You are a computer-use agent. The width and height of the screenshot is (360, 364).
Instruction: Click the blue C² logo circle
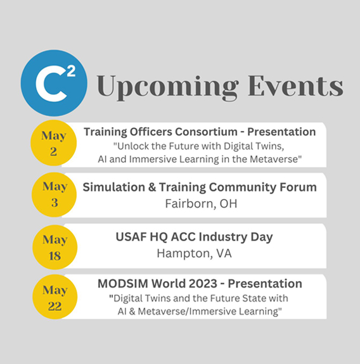[54, 83]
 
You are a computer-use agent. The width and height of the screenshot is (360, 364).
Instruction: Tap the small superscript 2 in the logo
[71, 72]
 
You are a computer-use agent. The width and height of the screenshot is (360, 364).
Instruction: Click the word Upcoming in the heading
[167, 87]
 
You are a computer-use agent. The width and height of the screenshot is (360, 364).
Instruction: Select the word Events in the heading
[295, 85]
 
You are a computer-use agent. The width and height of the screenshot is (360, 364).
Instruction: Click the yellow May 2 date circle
[54, 143]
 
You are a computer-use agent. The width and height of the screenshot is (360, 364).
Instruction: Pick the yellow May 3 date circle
[54, 194]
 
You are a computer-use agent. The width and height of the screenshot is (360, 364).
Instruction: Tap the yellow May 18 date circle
[55, 248]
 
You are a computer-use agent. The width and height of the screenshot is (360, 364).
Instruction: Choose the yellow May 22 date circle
[55, 297]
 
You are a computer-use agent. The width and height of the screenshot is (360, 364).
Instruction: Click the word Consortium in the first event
[206, 132]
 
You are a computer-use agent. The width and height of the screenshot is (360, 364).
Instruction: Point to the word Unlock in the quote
[131, 146]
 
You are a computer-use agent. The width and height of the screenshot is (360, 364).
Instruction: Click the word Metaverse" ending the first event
[276, 160]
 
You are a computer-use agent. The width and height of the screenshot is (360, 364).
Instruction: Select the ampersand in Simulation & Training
[151, 187]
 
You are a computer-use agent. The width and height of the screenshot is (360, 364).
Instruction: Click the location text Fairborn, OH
[202, 204]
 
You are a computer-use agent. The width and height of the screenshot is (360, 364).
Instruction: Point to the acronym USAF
[131, 237]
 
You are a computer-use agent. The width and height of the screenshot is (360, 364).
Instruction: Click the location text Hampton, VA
[195, 253]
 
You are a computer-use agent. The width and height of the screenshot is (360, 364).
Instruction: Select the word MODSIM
[123, 284]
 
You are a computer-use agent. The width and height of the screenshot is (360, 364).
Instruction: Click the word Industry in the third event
[222, 237]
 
